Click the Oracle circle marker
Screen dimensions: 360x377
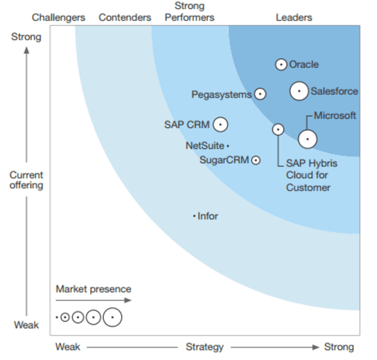click(281, 64)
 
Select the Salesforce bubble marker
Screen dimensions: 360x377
click(299, 91)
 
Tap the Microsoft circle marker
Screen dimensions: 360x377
click(307, 139)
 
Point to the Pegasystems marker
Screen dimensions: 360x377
click(260, 94)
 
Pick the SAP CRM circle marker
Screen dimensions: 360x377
click(220, 124)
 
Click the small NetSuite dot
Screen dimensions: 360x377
click(228, 146)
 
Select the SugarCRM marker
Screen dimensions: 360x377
click(255, 160)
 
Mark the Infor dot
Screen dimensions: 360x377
click(194, 216)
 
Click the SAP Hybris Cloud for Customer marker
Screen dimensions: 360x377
click(278, 129)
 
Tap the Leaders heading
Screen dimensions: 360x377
click(294, 18)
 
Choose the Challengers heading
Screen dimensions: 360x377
click(59, 18)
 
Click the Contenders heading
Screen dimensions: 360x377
click(125, 18)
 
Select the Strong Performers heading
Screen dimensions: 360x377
click(190, 12)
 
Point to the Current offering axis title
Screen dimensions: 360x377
click(26, 180)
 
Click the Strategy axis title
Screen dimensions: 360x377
click(205, 347)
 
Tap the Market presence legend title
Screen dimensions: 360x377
click(93, 289)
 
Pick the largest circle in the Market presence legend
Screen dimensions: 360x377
click(112, 317)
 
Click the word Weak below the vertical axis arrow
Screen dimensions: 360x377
click(26, 325)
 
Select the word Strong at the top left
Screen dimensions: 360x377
click(26, 37)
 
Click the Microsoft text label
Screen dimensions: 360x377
click(335, 115)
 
